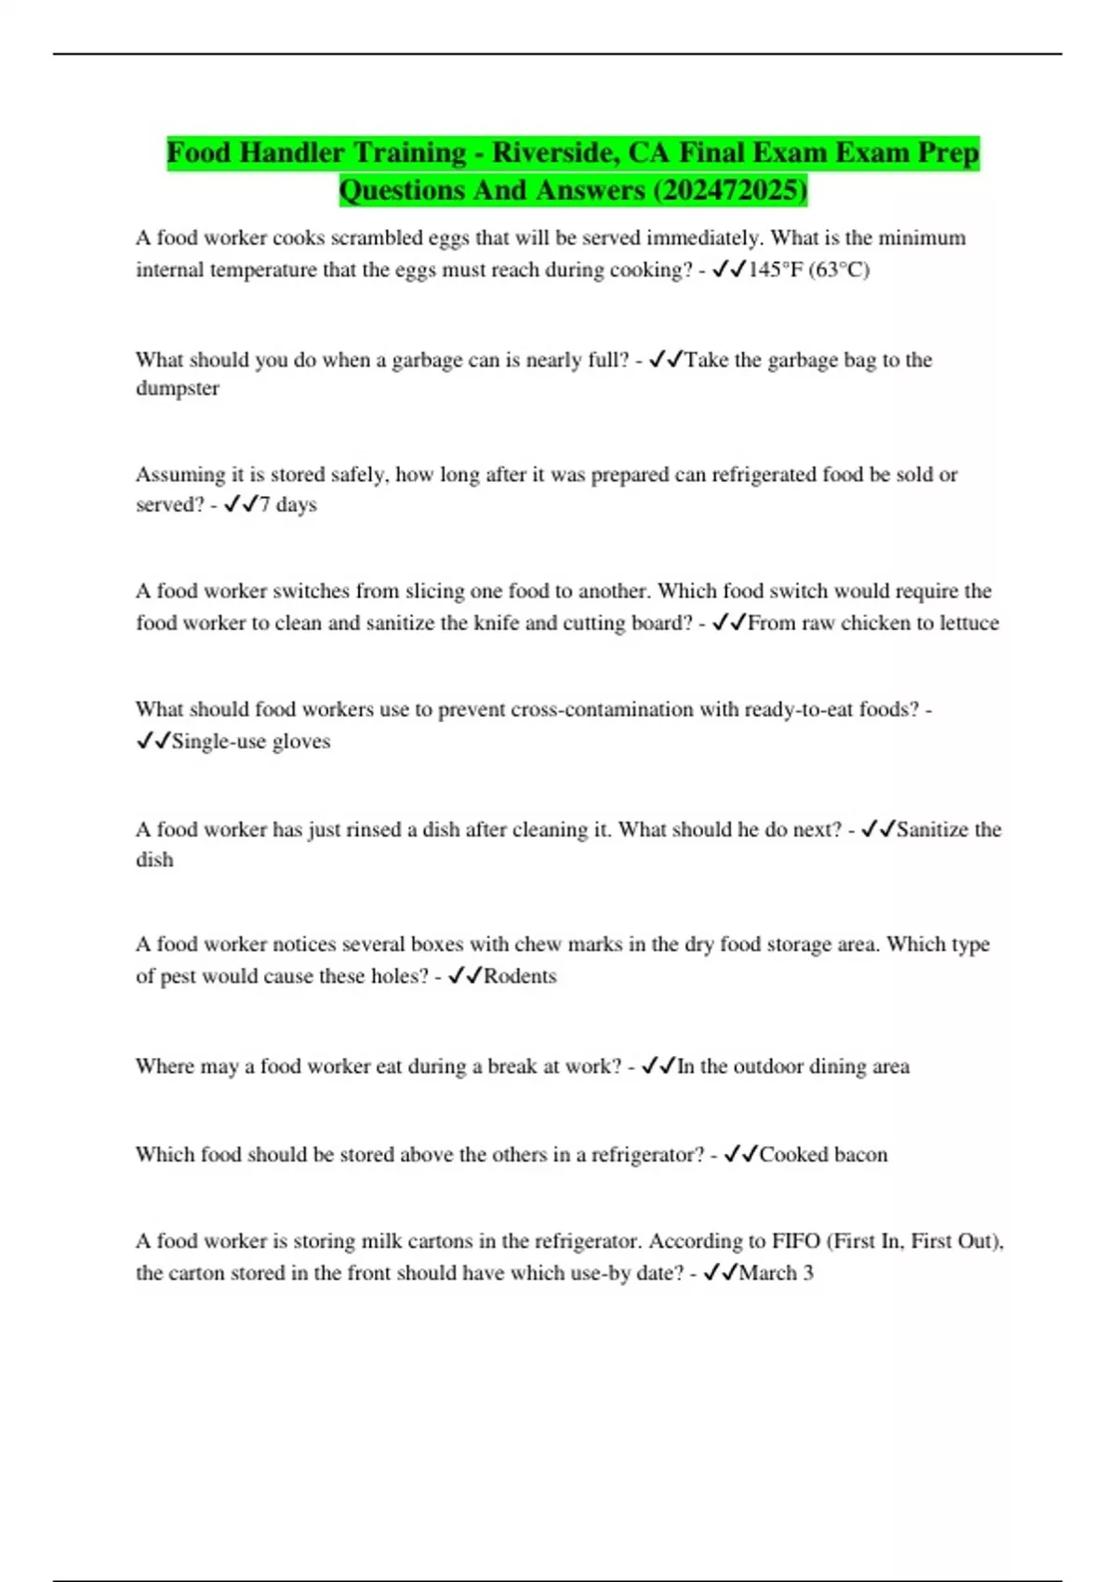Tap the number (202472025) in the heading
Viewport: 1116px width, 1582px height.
click(x=730, y=191)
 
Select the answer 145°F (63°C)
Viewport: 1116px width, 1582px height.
click(x=808, y=270)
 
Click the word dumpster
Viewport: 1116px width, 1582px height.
click(x=178, y=388)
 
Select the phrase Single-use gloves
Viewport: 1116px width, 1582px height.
click(x=251, y=742)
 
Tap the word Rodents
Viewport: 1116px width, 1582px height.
click(x=520, y=976)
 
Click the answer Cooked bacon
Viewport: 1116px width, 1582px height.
click(x=823, y=1155)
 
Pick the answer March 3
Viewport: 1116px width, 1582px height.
click(x=776, y=1273)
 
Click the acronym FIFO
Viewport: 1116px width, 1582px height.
click(x=796, y=1241)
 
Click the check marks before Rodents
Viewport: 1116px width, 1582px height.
click(x=464, y=976)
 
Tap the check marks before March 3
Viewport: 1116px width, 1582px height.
click(x=721, y=1273)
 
